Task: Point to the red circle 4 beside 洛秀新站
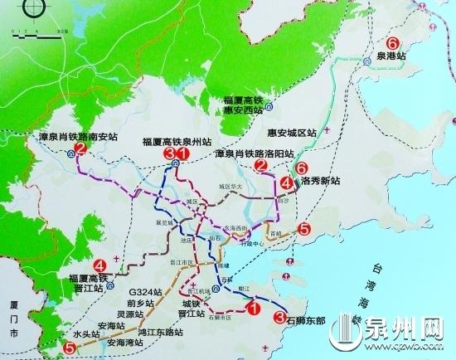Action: coord(286,182)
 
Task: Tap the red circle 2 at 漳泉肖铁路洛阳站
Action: coord(260,168)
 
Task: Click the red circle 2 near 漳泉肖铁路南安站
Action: coord(80,149)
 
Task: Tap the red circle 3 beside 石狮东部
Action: coord(279,315)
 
